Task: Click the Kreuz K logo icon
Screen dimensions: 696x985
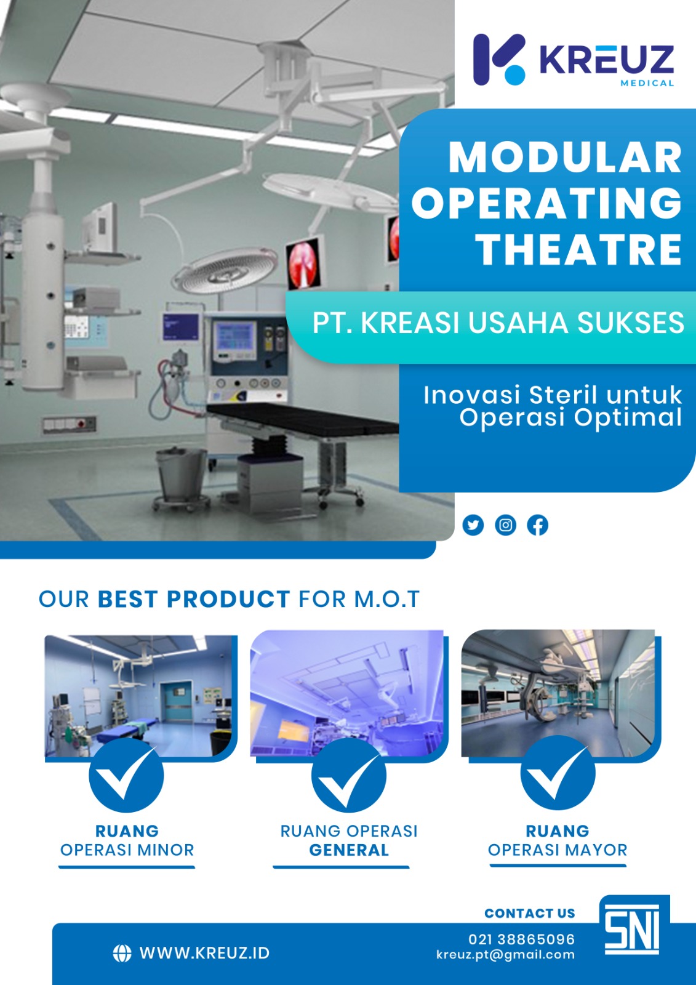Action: click(x=499, y=59)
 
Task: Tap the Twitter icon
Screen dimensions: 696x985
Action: click(x=473, y=525)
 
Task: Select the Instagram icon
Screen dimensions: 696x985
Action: click(x=505, y=525)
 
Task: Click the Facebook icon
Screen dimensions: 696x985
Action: click(x=537, y=525)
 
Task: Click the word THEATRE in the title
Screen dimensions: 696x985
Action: click(x=580, y=249)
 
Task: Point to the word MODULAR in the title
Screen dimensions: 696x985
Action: click(x=565, y=158)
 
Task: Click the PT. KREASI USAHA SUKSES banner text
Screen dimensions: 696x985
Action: click(x=498, y=323)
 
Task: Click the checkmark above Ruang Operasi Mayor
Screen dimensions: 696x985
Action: click(x=558, y=773)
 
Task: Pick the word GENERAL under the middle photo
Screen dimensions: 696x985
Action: click(x=349, y=850)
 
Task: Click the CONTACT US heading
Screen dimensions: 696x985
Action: click(x=530, y=914)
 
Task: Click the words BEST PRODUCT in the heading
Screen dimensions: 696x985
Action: click(x=193, y=599)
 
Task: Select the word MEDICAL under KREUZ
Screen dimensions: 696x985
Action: click(x=647, y=83)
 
